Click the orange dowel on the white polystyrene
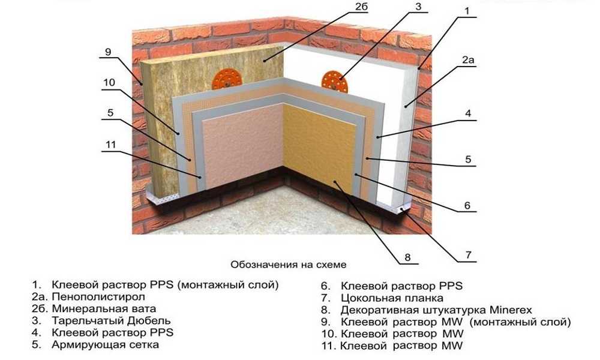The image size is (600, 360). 334,82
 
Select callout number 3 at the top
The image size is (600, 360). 418,7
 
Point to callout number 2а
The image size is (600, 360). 468,59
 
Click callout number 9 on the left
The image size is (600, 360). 108,52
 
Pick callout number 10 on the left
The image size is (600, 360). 109,82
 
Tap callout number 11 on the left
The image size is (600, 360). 110,144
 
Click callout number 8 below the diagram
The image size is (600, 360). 407,257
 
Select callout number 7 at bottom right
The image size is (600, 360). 469,255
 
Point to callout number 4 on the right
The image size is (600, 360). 468,113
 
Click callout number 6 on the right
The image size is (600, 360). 467,205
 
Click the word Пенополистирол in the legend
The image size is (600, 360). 98,296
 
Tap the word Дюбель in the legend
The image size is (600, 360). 148,320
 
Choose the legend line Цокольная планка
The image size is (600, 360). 392,298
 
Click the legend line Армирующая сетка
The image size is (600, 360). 105,344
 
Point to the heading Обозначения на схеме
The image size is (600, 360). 289,265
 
